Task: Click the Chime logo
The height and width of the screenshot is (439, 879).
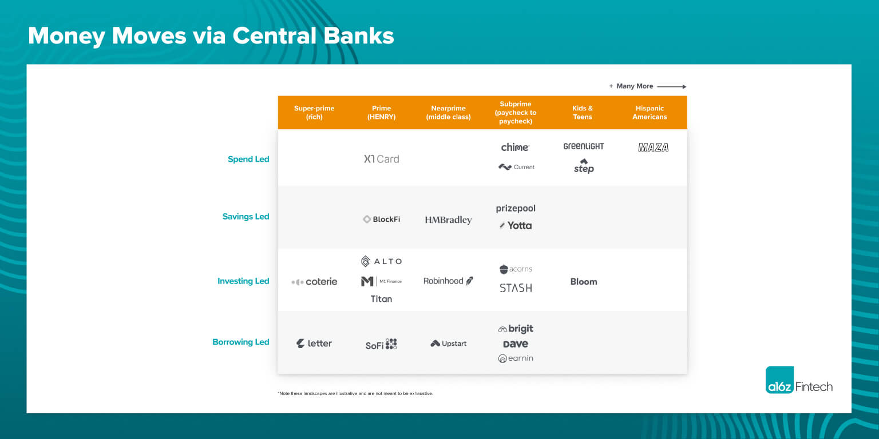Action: pos(515,147)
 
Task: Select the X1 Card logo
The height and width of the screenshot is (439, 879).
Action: pos(382,159)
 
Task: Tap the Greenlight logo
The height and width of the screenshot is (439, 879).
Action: pos(583,146)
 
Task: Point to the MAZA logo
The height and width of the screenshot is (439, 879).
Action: pos(653,147)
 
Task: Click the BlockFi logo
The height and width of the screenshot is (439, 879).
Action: pos(382,219)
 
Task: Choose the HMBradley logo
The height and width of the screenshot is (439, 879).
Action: pos(448,220)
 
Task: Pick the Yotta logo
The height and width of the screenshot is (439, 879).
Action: pos(516,225)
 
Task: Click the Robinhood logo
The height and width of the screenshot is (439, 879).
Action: pos(448,281)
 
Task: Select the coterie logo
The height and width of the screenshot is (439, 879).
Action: pos(314,282)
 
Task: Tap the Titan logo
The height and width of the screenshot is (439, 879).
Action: pos(381,298)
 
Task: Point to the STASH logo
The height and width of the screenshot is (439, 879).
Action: pos(516,288)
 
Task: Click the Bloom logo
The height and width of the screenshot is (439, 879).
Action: pos(584,282)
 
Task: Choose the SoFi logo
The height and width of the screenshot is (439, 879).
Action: pos(381,344)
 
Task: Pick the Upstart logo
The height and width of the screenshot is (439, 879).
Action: pos(449,344)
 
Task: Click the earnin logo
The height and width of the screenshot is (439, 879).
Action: pos(516,358)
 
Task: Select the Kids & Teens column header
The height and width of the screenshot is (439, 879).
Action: pos(583,113)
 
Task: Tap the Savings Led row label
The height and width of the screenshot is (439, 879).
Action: pos(246,217)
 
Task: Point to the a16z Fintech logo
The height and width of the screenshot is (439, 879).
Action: pos(799,380)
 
